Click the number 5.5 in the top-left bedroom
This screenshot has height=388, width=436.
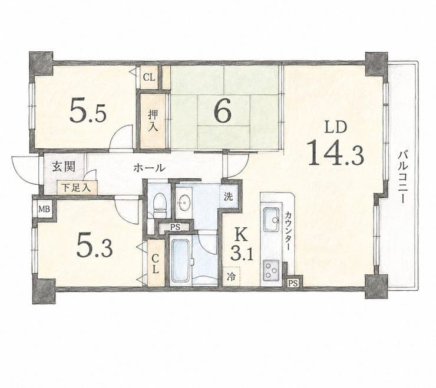pyautogui.click(x=88, y=111)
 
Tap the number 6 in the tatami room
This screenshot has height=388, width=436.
pyautogui.click(x=223, y=111)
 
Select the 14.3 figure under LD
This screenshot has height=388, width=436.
pyautogui.click(x=336, y=152)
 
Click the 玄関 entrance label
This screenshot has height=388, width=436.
pyautogui.click(x=64, y=167)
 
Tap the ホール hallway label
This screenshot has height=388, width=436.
pyautogui.click(x=149, y=168)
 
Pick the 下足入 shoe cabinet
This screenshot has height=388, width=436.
pyautogui.click(x=77, y=188)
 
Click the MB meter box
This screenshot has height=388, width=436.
pyautogui.click(x=44, y=209)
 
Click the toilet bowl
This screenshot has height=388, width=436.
pyautogui.click(x=160, y=205)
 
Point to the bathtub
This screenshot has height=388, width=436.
pyautogui.click(x=181, y=260)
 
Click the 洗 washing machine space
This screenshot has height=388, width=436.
pyautogui.click(x=229, y=197)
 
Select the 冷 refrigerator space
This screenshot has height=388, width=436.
pyautogui.click(x=231, y=276)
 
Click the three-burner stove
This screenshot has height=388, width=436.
pyautogui.click(x=270, y=270)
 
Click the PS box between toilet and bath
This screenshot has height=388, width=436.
pyautogui.click(x=175, y=227)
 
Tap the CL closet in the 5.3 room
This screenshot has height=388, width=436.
pyautogui.click(x=156, y=263)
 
